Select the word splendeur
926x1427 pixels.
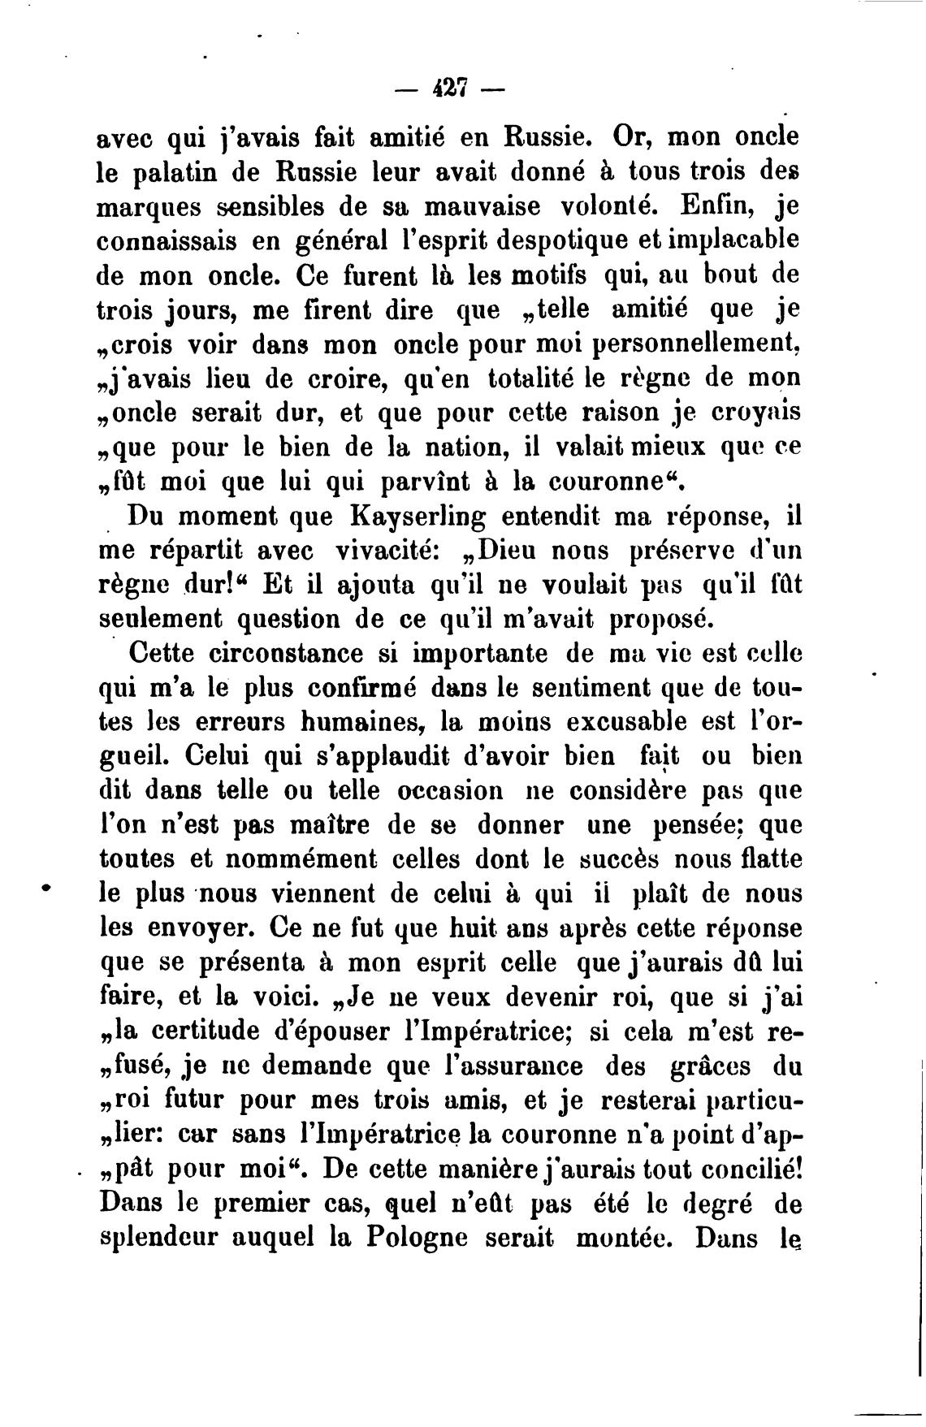coord(159,1240)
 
